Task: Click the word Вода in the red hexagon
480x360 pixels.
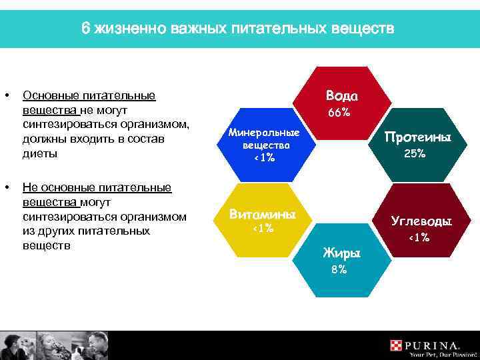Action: coord(341,95)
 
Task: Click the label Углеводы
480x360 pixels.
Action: coord(421,221)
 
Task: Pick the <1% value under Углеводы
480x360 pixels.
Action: coord(419,237)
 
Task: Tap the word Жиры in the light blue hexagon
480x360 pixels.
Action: coord(341,253)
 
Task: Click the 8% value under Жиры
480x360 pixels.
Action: coord(339,269)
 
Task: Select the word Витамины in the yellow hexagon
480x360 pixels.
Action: coord(262,214)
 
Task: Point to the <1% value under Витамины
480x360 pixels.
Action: coord(261,229)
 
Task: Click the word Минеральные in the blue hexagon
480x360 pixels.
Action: coord(263,132)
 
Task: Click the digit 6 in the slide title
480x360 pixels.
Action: coord(85,29)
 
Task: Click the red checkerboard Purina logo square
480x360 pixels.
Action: coord(397,345)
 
